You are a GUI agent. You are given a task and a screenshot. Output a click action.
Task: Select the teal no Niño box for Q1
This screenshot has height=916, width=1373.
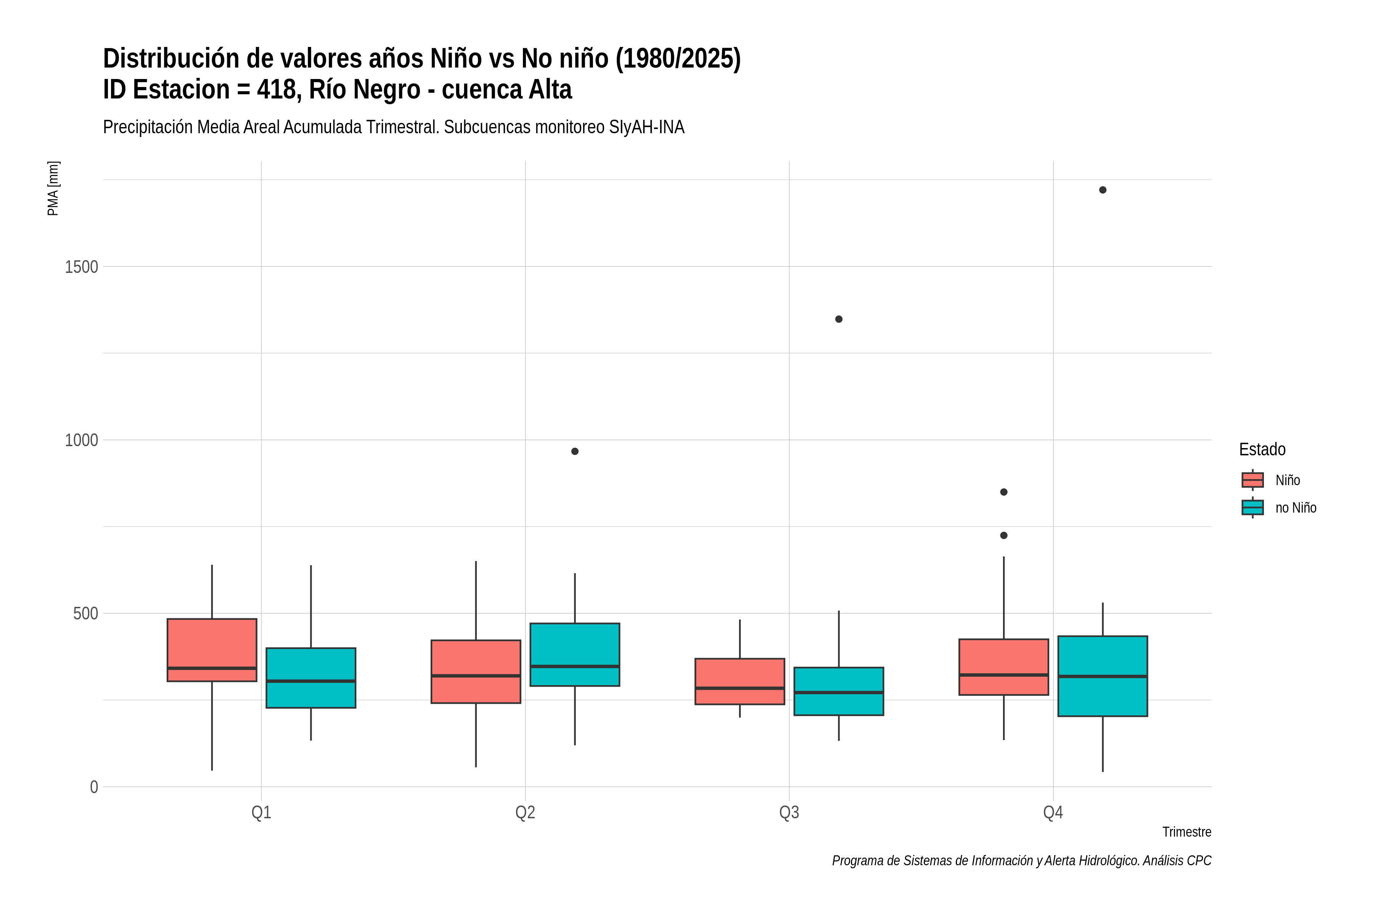click(310, 678)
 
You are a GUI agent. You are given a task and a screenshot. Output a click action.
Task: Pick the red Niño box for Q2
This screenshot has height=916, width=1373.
click(476, 671)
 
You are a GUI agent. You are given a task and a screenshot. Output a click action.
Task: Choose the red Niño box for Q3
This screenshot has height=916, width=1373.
click(740, 681)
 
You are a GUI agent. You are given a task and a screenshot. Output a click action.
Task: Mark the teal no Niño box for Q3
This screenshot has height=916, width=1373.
click(839, 691)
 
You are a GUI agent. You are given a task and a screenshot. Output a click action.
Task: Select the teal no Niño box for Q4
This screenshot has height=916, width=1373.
click(1103, 676)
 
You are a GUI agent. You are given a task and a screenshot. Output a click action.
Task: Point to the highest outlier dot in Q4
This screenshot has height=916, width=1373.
click(1103, 190)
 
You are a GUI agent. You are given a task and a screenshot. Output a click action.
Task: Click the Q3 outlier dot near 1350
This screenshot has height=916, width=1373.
click(839, 319)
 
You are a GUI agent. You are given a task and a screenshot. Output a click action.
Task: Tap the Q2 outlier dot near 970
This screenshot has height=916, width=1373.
click(575, 451)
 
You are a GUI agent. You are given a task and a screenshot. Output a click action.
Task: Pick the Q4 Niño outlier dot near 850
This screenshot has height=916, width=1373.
click(1004, 492)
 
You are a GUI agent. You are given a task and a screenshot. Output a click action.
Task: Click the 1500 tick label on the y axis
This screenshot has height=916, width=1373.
click(81, 267)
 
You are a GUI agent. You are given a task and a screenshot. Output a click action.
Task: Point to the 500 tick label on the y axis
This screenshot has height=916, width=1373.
click(85, 613)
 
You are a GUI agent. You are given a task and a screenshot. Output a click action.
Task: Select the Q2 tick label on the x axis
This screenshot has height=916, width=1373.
click(526, 813)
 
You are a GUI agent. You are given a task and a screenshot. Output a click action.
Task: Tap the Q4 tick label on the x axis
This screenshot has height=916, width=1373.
click(1053, 813)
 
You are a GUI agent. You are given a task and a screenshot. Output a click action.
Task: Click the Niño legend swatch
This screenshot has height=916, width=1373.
click(1253, 480)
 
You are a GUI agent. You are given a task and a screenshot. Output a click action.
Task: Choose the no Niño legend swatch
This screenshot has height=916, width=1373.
click(1253, 507)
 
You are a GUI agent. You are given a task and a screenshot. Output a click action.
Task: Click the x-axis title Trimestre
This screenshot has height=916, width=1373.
click(1187, 832)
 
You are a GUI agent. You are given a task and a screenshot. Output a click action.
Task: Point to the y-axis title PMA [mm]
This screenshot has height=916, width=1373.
click(53, 188)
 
